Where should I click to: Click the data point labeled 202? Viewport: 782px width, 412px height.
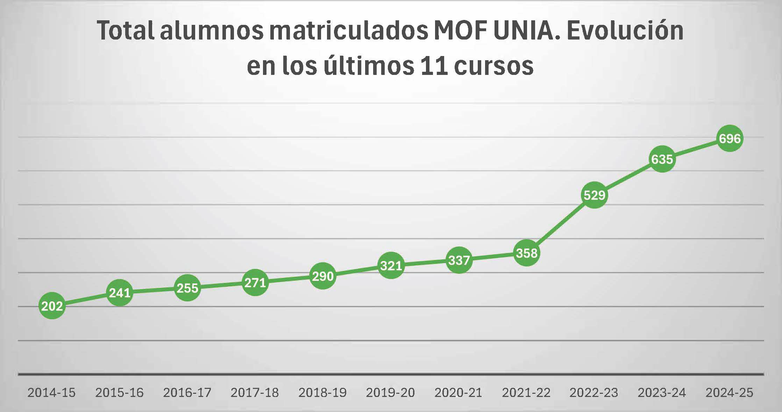(x=52, y=306)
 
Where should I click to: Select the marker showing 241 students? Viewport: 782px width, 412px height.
(x=120, y=293)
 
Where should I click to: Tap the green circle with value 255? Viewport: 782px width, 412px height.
(x=187, y=288)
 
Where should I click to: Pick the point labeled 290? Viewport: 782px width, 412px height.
(x=323, y=276)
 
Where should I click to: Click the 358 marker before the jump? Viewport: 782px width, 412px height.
(x=526, y=253)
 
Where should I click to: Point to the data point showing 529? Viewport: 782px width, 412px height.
(x=594, y=195)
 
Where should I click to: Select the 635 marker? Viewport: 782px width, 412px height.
(x=662, y=159)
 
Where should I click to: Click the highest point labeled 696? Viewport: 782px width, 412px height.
(x=730, y=138)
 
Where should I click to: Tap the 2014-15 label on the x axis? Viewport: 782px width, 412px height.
(x=51, y=393)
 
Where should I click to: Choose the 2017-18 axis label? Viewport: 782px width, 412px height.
(x=255, y=393)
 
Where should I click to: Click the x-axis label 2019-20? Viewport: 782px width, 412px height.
(x=390, y=393)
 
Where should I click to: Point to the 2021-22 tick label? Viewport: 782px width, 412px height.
(x=526, y=393)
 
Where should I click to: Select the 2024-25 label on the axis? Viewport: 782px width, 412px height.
(x=729, y=393)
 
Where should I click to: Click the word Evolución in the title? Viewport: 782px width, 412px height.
(x=625, y=31)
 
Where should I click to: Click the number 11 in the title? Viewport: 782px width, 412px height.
(x=434, y=65)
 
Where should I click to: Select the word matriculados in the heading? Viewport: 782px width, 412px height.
(x=349, y=31)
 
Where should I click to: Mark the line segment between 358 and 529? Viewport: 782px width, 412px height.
(x=560, y=224)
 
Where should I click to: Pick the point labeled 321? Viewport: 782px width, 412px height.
(x=391, y=265)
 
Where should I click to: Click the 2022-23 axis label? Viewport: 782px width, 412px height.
(x=594, y=393)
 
